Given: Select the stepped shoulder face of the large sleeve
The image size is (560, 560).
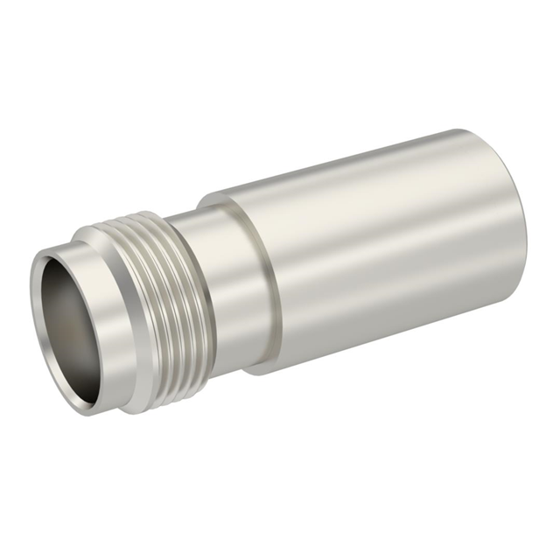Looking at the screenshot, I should click(254, 280).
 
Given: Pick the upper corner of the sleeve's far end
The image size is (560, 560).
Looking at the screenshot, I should click(477, 134).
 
